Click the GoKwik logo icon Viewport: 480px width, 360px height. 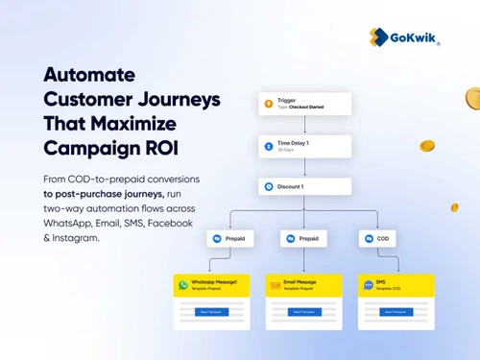[379, 36]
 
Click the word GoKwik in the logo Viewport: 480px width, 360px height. [415, 37]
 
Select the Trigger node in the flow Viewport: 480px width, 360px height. [304, 104]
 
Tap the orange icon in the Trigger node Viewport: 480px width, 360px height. [269, 104]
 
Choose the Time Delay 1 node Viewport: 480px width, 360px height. [304, 146]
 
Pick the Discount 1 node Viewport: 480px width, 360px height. [304, 186]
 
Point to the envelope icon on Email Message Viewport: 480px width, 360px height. [275, 285]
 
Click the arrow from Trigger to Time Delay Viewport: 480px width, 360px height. [304, 125]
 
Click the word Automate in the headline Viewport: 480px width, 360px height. [88, 75]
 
